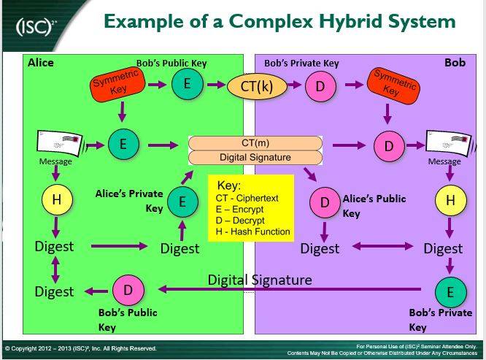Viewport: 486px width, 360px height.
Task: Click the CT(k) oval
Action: pyautogui.click(x=257, y=86)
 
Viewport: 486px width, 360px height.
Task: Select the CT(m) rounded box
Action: pyautogui.click(x=255, y=143)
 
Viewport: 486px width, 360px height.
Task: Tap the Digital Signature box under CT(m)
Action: pyautogui.click(x=255, y=157)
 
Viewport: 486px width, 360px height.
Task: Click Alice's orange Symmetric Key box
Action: pyautogui.click(x=117, y=84)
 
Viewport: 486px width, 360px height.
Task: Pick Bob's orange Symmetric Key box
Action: pyautogui.click(x=393, y=84)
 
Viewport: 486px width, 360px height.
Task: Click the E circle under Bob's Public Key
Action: pyautogui.click(x=188, y=84)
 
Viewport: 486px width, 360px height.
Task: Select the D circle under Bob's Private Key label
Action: pyautogui.click(x=320, y=86)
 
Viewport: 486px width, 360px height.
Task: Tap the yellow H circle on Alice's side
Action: pyautogui.click(x=57, y=199)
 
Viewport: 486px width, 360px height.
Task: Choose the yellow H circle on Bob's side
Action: pyautogui.click(x=450, y=200)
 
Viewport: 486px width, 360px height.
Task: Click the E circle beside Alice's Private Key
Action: pyautogui.click(x=182, y=202)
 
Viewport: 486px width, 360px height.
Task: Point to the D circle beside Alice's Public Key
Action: pyautogui.click(x=325, y=202)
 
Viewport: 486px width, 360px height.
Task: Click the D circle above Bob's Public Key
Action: pyautogui.click(x=128, y=290)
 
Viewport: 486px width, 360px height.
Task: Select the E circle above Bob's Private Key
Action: pyautogui.click(x=450, y=292)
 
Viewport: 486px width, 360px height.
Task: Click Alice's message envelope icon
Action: pyautogui.click(x=60, y=145)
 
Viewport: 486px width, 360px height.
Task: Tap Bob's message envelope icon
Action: pyautogui.click(x=449, y=145)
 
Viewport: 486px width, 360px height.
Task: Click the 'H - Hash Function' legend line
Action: pyautogui.click(x=253, y=231)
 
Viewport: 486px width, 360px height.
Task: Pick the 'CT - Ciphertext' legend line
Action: pyautogui.click(x=247, y=198)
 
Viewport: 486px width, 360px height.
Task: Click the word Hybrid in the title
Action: pyautogui.click(x=350, y=22)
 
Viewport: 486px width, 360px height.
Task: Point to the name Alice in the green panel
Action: pyautogui.click(x=41, y=63)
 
